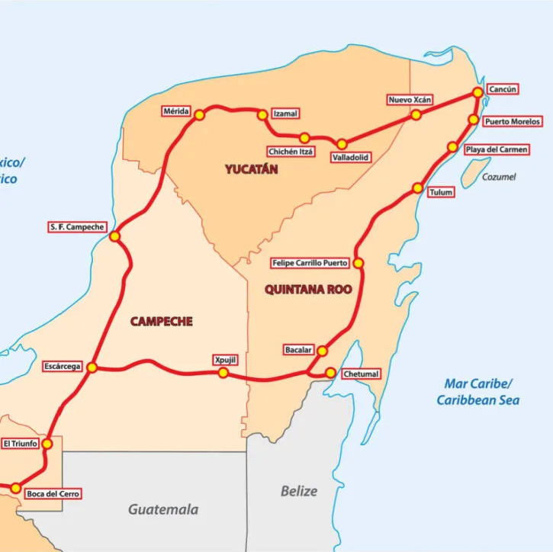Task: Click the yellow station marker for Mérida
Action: pos(199,115)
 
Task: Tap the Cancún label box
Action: pos(503,89)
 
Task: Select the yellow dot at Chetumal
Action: pos(330,373)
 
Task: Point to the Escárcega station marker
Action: pos(92,367)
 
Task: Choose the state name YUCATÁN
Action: pos(251,169)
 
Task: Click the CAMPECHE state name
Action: pos(161,321)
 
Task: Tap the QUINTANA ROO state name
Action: pos(303,289)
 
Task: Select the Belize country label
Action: pos(298,491)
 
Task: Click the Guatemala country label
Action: pos(163,509)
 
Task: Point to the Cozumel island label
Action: pos(499,177)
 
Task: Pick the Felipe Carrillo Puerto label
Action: pos(310,263)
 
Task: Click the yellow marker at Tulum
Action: pos(418,188)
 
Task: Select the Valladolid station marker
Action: pos(342,144)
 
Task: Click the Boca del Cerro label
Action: pos(53,493)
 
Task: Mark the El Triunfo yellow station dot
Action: pos(47,444)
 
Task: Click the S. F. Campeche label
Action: pos(76,227)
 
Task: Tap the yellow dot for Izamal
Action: pos(262,115)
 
